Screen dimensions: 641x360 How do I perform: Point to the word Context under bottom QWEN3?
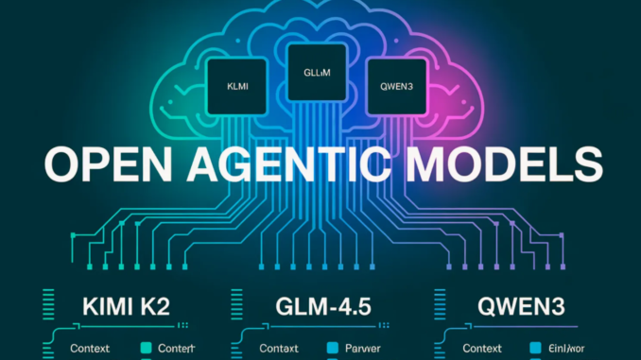481,348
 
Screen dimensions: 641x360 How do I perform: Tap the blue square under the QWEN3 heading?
539,348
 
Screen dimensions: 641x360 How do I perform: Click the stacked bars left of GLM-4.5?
238,306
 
